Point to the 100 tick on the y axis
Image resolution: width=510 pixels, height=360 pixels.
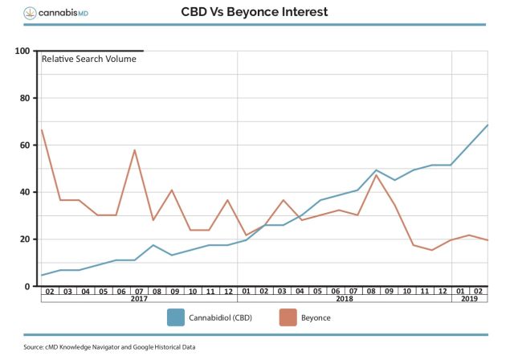22,51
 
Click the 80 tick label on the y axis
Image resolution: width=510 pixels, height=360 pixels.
24,99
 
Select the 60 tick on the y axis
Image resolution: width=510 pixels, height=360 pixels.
24,145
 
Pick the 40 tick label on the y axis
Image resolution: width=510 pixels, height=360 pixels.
24,192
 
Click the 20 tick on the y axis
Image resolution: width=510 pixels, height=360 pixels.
24,239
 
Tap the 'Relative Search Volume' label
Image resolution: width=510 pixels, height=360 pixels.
88,59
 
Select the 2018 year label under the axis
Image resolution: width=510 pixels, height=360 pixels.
345,298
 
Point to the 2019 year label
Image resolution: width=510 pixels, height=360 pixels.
470,298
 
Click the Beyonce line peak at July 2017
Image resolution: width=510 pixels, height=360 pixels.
135,150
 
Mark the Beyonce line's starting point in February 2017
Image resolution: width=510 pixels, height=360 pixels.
41,130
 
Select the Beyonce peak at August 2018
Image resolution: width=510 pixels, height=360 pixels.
377,174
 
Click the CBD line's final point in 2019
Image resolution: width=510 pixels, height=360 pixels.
488,125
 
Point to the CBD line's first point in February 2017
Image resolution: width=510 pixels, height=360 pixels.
41,275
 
